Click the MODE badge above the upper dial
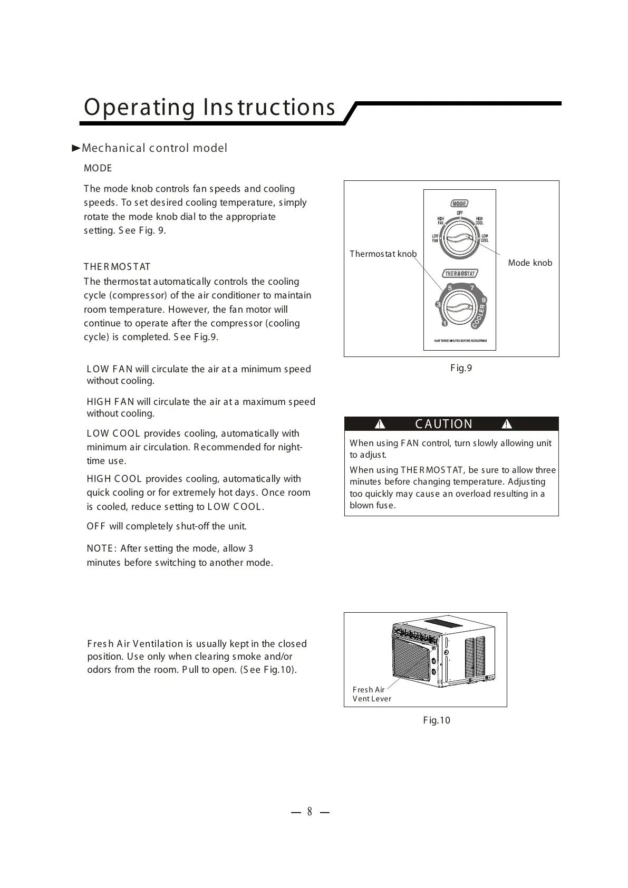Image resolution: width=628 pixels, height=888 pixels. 459,204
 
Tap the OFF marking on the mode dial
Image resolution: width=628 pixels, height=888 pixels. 460,213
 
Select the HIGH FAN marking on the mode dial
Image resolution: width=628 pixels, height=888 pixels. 440,221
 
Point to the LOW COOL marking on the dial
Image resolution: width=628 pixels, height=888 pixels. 485,238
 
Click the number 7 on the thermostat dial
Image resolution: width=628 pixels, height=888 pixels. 472,287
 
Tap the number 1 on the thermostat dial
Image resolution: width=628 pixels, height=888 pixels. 444,323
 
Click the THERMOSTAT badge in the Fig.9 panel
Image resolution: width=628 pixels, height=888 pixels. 460,274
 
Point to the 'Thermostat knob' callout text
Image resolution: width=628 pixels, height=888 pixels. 383,254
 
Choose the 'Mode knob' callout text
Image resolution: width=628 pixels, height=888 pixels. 530,263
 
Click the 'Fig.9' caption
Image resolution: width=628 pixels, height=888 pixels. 461,368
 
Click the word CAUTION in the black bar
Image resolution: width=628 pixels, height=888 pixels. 444,424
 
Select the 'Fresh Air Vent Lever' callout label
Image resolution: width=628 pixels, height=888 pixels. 371,694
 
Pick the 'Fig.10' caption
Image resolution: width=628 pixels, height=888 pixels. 437,720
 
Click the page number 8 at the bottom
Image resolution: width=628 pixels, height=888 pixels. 310,812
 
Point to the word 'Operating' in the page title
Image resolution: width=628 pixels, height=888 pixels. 139,107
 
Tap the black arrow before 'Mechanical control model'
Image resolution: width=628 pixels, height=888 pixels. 76,148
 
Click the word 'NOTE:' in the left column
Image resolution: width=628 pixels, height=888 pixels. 102,548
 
